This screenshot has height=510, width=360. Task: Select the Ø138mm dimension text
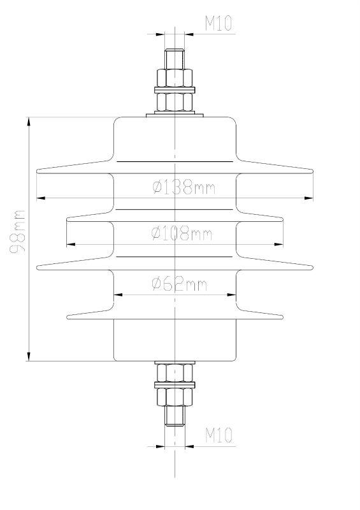184,187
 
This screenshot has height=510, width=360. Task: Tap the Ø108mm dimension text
182,233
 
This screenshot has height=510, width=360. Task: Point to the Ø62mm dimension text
180,284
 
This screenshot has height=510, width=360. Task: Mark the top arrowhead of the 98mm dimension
29,121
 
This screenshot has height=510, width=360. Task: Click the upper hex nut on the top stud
175,78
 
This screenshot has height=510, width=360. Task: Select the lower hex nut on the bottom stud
175,397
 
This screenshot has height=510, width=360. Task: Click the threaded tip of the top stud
175,57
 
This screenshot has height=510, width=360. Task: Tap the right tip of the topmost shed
312,171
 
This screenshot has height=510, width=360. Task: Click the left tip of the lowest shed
68,315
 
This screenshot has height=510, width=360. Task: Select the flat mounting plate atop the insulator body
175,115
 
